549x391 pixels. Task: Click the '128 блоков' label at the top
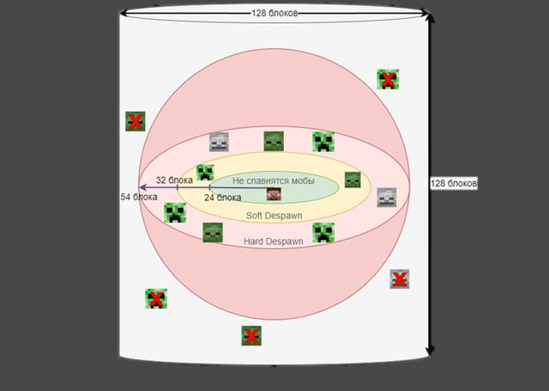(274, 14)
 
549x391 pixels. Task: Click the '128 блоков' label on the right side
(454, 184)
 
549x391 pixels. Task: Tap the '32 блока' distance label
(173, 180)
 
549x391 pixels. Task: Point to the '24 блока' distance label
(222, 198)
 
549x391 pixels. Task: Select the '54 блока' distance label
(139, 197)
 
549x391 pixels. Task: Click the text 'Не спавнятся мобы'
(273, 180)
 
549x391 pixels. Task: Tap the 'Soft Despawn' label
(270, 215)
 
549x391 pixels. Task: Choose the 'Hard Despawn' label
(273, 241)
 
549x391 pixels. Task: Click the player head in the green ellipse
(274, 195)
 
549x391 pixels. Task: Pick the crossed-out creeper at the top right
(388, 80)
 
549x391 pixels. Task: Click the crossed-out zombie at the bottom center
(251, 335)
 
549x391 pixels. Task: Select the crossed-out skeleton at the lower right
(399, 278)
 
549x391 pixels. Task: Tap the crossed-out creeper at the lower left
(156, 299)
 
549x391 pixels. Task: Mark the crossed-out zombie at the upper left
(135, 121)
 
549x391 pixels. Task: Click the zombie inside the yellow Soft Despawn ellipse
(353, 180)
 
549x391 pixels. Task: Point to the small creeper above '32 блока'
(205, 173)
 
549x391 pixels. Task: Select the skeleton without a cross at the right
(387, 198)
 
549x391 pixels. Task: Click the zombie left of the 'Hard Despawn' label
(213, 232)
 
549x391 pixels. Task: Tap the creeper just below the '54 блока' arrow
(175, 213)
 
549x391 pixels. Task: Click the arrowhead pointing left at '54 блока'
(142, 186)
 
